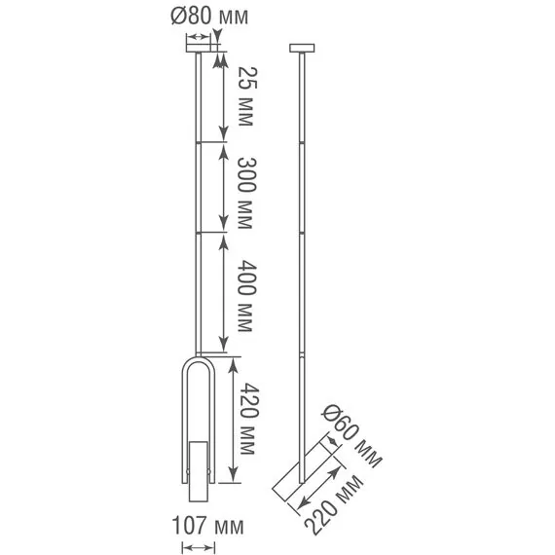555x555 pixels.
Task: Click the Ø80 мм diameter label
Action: (209, 17)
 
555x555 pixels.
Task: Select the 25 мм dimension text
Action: (246, 96)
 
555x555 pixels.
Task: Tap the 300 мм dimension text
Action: (246, 193)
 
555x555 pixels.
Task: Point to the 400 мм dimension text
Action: (246, 296)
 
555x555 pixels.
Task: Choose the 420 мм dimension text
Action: (249, 419)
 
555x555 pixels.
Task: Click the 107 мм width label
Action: (207, 525)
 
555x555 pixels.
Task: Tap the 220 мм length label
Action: (333, 505)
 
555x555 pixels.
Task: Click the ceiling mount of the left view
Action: (199, 48)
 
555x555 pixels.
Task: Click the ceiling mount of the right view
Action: (302, 48)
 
